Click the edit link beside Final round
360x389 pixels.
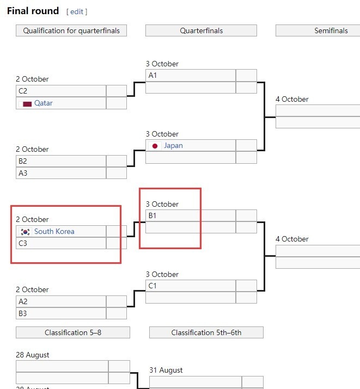click(77, 11)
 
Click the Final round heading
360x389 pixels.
click(33, 11)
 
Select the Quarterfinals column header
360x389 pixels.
click(201, 30)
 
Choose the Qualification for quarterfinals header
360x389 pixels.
click(71, 30)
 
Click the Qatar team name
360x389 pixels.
click(44, 103)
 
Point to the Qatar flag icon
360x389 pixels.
click(27, 103)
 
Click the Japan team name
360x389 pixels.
click(173, 145)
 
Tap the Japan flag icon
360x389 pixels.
click(155, 146)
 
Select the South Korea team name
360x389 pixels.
click(54, 231)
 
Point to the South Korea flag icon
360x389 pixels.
click(25, 232)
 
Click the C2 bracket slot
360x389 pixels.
click(60, 91)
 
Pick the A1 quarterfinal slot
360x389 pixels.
click(190, 76)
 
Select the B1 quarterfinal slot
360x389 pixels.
click(190, 215)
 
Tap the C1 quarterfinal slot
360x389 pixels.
click(190, 286)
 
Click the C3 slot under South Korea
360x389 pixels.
click(60, 243)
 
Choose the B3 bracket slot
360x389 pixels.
click(60, 313)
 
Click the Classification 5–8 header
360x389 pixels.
click(72, 332)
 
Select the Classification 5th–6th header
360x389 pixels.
click(206, 332)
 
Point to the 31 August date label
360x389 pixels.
click(166, 370)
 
